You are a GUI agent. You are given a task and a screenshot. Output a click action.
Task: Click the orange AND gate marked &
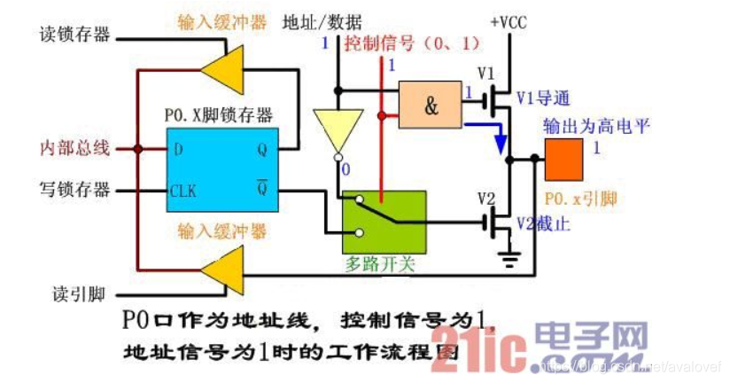pyautogui.click(x=431, y=106)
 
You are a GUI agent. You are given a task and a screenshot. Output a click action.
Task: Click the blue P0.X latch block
pyautogui.click(x=224, y=168)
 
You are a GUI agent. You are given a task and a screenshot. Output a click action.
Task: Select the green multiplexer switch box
pyautogui.click(x=384, y=221)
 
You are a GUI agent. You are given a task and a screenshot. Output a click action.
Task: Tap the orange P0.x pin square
pyautogui.click(x=564, y=160)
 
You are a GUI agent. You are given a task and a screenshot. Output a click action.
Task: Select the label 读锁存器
pyautogui.click(x=75, y=35)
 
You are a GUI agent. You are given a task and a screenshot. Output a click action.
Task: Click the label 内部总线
pyautogui.click(x=75, y=148)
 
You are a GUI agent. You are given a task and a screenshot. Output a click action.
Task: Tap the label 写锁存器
pyautogui.click(x=75, y=189)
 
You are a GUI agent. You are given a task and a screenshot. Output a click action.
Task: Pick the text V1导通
pyautogui.click(x=541, y=96)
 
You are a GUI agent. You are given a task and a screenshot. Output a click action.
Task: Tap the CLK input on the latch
pyautogui.click(x=184, y=191)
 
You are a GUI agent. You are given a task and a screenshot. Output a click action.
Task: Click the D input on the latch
pyautogui.click(x=178, y=149)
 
